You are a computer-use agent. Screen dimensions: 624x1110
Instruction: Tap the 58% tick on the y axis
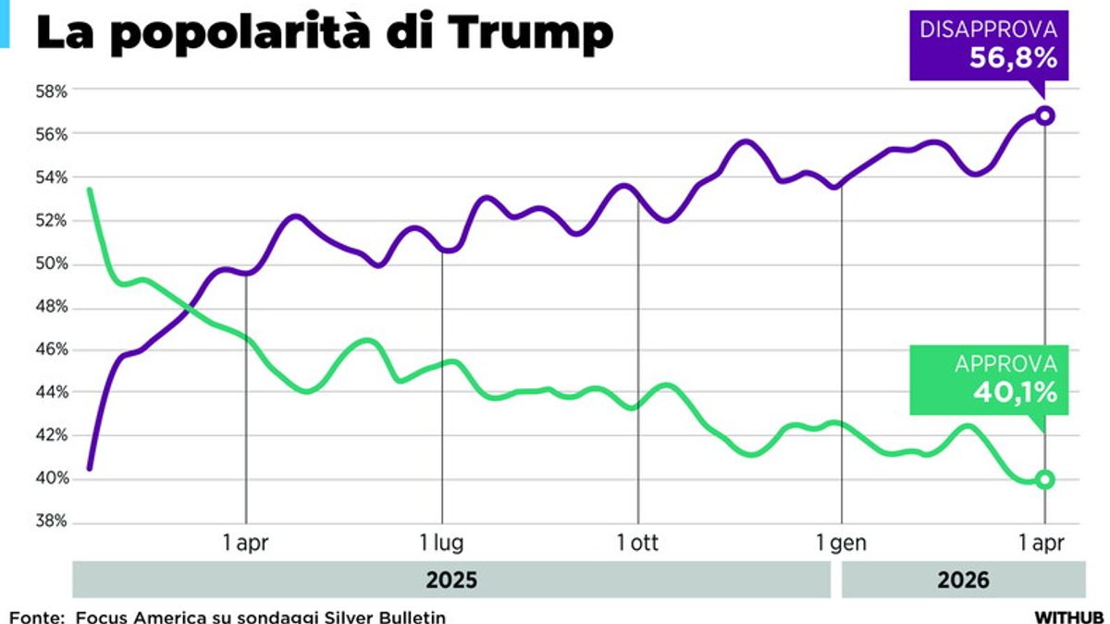pos(52,92)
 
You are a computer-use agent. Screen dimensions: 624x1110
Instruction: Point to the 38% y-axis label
pos(52,521)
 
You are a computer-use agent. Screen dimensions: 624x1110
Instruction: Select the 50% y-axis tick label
pos(52,263)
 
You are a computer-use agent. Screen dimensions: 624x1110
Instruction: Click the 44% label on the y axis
pos(52,392)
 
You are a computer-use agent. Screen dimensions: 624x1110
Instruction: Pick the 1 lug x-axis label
pos(442,543)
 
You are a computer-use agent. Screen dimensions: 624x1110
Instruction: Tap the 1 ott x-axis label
pos(638,543)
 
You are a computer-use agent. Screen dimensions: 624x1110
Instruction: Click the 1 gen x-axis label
pos(842,543)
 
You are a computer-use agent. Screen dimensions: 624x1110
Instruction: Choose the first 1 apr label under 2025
pos(246,543)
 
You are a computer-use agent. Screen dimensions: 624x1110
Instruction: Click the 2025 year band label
pos(451,581)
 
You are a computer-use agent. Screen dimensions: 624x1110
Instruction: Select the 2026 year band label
pos(963,581)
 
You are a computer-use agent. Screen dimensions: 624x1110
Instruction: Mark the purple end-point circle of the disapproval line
pos(1045,116)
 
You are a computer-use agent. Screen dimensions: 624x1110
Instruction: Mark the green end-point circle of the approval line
pos(1045,479)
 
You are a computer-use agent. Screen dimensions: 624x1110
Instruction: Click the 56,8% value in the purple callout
pos(1013,58)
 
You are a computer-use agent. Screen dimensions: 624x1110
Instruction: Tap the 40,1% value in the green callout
pos(1014,393)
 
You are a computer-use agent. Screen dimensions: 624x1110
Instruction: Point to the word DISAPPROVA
pos(988,30)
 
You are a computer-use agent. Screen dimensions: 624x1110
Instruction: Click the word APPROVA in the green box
pos(1005,364)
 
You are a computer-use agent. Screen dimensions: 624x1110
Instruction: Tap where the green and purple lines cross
pos(189,308)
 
